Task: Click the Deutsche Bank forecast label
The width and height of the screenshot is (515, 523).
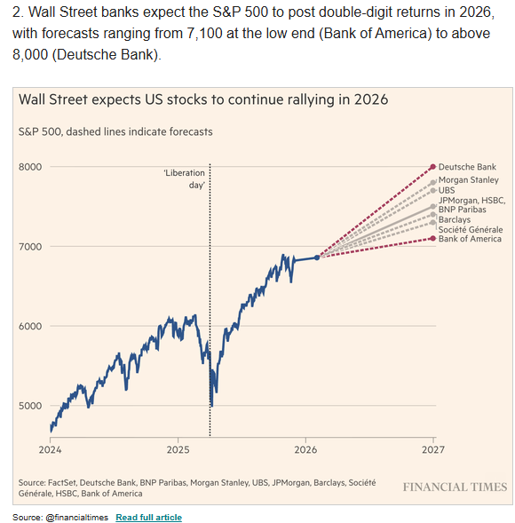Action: (467, 167)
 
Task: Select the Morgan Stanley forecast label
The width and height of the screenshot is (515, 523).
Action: (468, 180)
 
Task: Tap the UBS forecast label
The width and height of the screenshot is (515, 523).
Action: (448, 191)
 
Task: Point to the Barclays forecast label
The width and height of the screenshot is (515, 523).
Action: (455, 219)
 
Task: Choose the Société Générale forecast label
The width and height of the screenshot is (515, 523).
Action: (471, 229)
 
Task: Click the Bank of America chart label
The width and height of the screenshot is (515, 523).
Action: (470, 239)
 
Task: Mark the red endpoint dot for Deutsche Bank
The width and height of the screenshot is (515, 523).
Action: (432, 167)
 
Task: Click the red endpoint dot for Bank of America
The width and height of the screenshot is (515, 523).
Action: (432, 238)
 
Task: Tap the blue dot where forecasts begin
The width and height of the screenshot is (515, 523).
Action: (317, 258)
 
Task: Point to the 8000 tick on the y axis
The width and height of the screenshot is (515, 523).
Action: (30, 167)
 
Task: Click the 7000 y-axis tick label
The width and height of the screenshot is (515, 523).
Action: (30, 247)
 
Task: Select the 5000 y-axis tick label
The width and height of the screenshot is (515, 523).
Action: (30, 406)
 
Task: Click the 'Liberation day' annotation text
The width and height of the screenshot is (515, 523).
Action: (184, 178)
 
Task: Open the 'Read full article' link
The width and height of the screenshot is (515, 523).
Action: (148, 517)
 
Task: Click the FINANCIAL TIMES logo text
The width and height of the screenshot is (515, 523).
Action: (455, 487)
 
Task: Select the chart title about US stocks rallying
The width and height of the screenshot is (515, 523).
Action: (203, 99)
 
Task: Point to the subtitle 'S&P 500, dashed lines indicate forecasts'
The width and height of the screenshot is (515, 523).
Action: (115, 131)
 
